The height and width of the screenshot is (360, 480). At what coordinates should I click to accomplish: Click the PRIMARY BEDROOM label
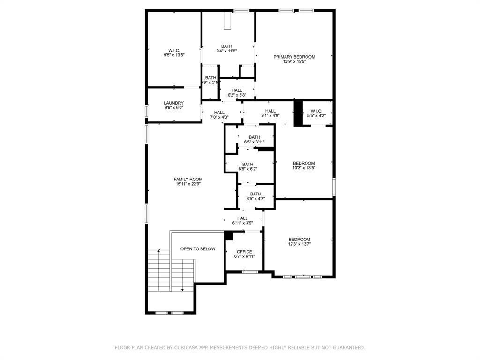click(x=294, y=57)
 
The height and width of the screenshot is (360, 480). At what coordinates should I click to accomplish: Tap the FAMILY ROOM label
click(x=188, y=179)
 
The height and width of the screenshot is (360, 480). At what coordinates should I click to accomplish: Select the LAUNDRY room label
click(x=173, y=103)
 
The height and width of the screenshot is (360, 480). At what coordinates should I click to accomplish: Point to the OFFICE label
click(x=244, y=252)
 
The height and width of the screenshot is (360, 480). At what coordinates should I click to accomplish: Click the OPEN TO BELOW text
click(x=198, y=249)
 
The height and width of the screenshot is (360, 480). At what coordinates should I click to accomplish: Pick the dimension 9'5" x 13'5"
click(x=174, y=55)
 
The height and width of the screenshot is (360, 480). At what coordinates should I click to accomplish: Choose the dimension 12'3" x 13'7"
click(x=299, y=244)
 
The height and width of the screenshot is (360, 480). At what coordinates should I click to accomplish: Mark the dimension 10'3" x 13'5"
click(x=304, y=168)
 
